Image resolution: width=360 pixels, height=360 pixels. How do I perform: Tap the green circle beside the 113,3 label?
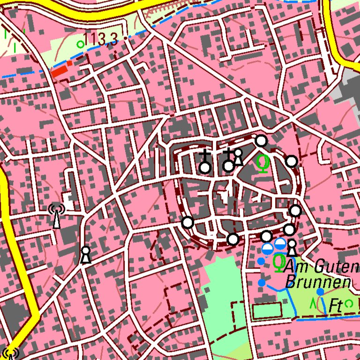80,45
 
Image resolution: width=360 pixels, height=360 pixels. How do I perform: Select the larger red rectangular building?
60,72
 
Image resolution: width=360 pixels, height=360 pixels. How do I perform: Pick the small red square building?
70,63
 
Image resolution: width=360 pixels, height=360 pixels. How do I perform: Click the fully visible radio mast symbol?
56,216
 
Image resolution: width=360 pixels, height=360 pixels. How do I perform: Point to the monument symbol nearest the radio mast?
85,255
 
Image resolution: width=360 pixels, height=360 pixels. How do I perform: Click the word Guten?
332,267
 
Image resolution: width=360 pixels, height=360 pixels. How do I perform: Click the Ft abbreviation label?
335,305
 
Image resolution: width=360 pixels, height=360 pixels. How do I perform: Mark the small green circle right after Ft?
348,303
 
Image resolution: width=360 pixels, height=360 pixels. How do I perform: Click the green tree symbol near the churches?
263,163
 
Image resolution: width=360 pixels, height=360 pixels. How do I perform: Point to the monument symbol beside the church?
238,157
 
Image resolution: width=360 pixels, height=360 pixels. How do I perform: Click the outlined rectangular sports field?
267,310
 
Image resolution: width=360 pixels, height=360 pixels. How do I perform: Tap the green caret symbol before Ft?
313,303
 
